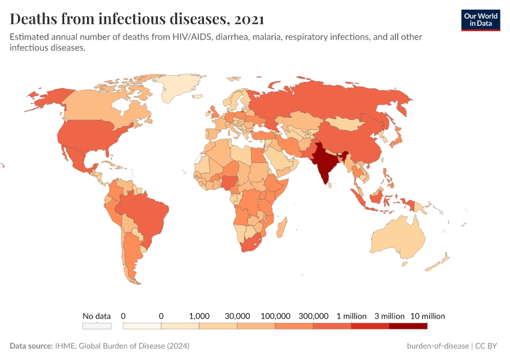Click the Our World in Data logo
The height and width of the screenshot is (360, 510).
click(480, 20)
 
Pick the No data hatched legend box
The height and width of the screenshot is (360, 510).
click(97, 326)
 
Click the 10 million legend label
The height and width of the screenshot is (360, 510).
click(427, 316)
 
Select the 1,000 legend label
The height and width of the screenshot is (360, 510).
click(199, 316)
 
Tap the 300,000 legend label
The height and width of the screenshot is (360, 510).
click(313, 316)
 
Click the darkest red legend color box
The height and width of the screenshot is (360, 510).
click(408, 326)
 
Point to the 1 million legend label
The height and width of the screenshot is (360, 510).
click(352, 316)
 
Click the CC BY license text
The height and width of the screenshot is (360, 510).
click(488, 346)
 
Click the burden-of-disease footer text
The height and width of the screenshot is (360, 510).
click(438, 346)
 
